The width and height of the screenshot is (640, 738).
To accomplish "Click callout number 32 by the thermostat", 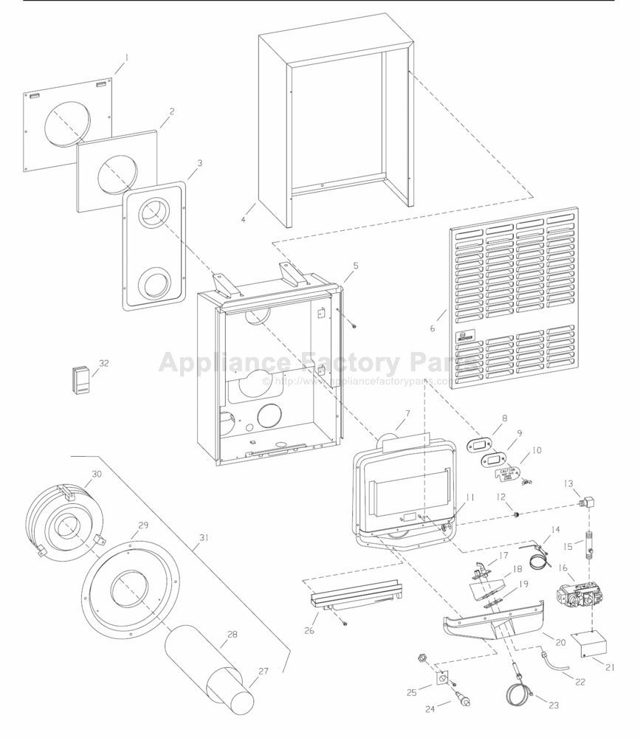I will pyautogui.click(x=103, y=363).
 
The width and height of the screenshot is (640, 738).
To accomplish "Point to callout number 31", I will pyautogui.click(x=204, y=537).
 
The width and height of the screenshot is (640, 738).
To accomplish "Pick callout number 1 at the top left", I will pyautogui.click(x=125, y=56).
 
